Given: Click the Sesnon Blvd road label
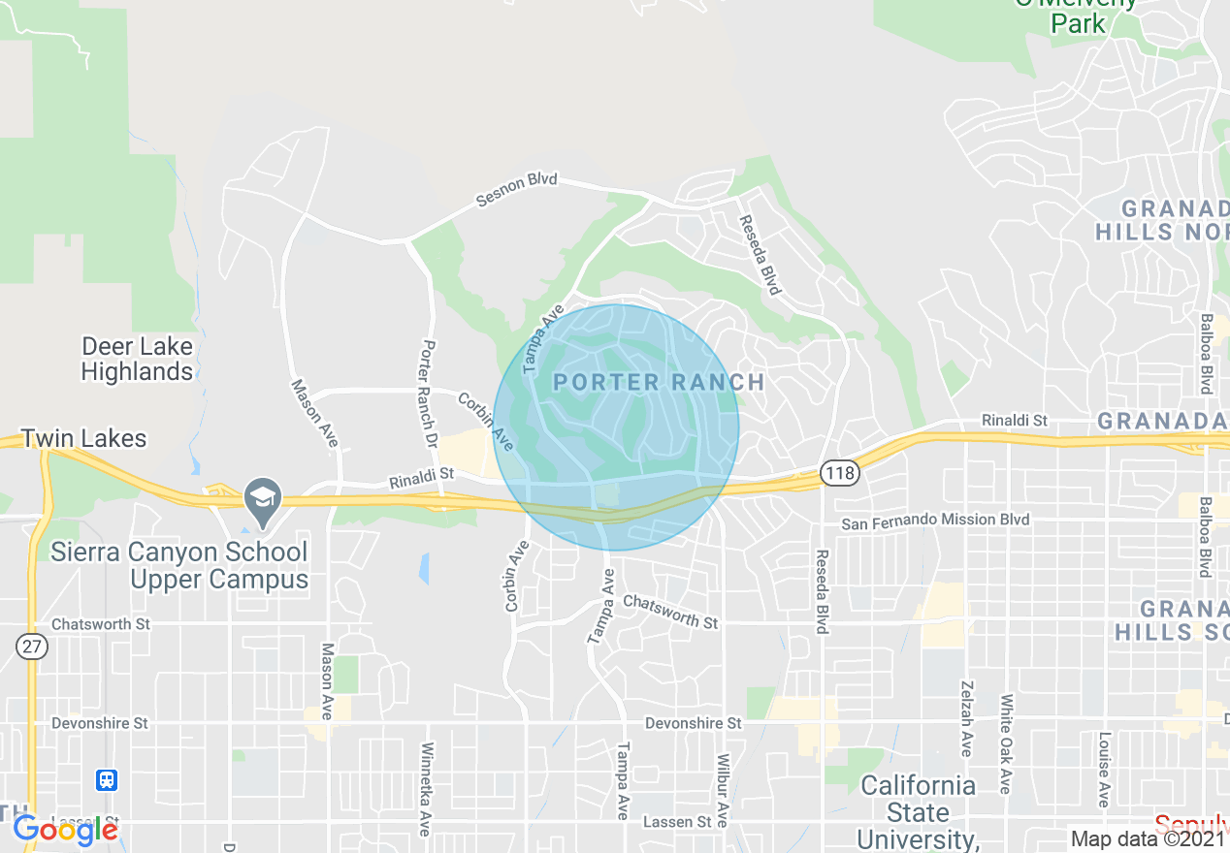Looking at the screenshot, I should point(517,191).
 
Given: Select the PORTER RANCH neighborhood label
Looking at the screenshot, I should point(659,382).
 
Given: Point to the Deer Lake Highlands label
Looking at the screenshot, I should point(137,359).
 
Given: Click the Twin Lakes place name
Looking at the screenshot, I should point(84,439).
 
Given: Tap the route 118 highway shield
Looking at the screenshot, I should point(839,473).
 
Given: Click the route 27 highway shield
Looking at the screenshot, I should point(32,648).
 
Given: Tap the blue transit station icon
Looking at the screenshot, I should point(107,779).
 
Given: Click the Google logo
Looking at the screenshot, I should point(66,829).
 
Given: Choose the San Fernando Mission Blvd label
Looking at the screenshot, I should point(935,521).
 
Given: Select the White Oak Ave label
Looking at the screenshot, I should point(1007,743).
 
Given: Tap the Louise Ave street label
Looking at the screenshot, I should point(1104,769).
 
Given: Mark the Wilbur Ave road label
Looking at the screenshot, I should point(723,790).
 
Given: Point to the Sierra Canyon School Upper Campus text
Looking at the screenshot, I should point(178,566).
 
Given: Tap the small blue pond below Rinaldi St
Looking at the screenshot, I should point(424,568).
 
